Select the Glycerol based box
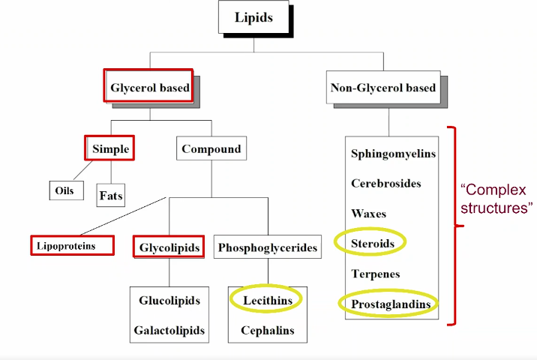[x=149, y=87]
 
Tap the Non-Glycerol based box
[x=382, y=88]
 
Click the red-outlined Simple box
[x=110, y=148]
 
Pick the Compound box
[x=211, y=148]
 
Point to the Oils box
[x=64, y=190]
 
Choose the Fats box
[x=110, y=196]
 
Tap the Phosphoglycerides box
[x=267, y=247]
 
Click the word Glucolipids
[x=169, y=301]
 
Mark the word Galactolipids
[x=169, y=330]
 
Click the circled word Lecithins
[x=266, y=300]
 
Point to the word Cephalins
[x=267, y=330]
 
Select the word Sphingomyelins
[x=393, y=154]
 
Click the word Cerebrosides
[x=386, y=183]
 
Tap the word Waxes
[x=369, y=213]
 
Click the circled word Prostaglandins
[x=390, y=304]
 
